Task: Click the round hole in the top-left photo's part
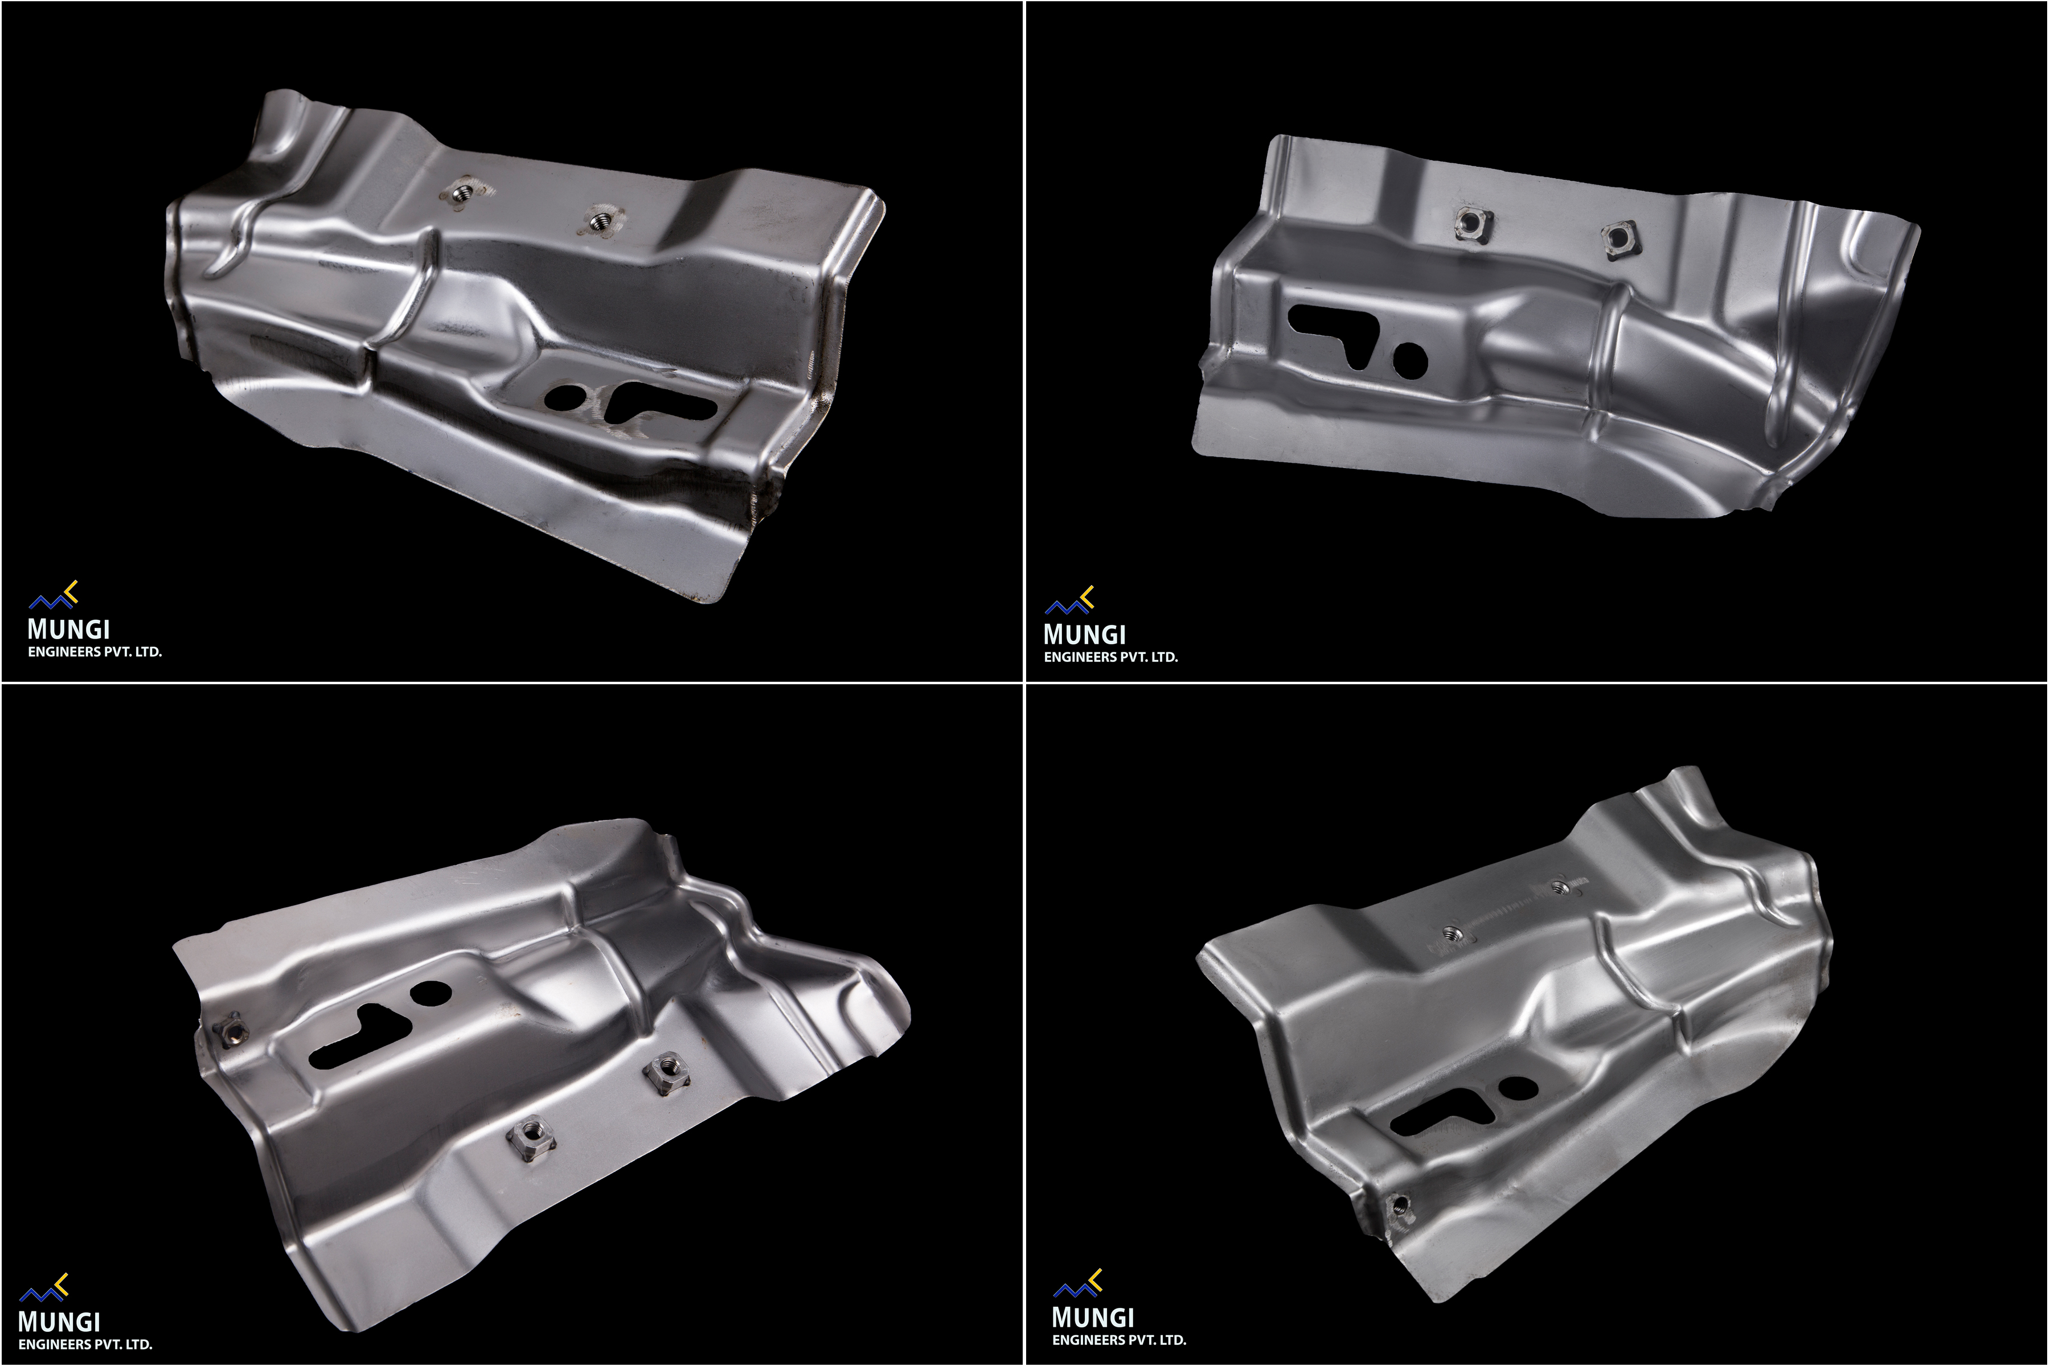[x=565, y=397]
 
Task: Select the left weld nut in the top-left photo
[x=463, y=192]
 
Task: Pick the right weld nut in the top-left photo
[x=599, y=221]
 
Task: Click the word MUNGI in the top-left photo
[x=69, y=629]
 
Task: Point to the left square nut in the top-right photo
[x=1472, y=224]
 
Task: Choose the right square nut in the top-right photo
[x=1618, y=238]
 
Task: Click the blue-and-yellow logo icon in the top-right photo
[x=1069, y=601]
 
